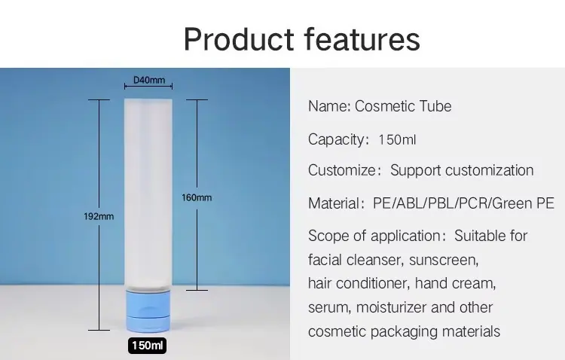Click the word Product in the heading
point(239,39)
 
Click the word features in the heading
point(362,39)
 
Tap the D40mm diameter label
point(149,80)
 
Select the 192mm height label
point(99,216)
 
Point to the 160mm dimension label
point(197,197)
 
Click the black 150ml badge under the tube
point(147,346)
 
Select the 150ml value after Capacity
point(397,139)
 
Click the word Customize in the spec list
point(342,170)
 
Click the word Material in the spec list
point(333,203)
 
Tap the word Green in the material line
point(512,203)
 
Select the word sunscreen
point(444,260)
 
